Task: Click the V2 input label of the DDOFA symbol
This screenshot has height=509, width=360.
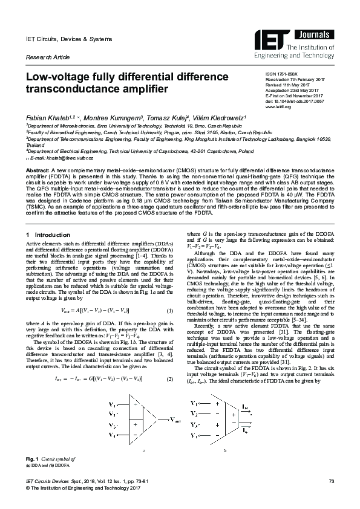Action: [194, 413]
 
